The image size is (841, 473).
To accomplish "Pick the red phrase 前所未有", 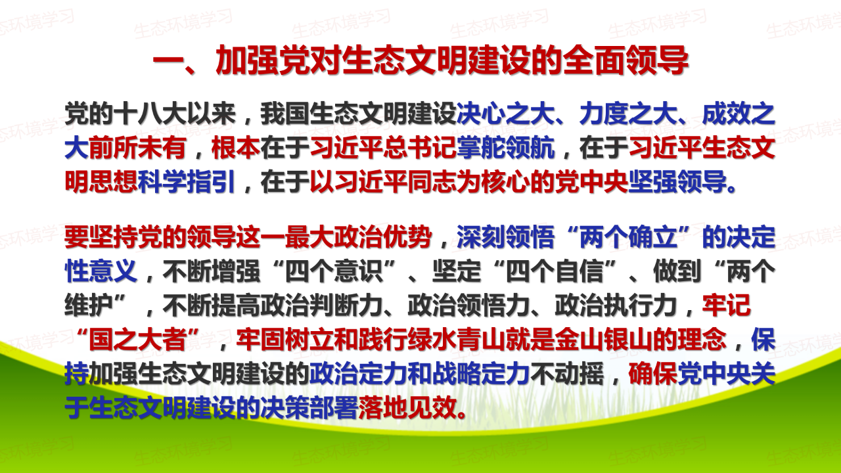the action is click(x=137, y=148).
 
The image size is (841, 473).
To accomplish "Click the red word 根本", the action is click(x=236, y=148).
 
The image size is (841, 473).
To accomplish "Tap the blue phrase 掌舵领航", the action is click(x=505, y=148).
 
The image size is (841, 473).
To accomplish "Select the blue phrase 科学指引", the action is click(x=187, y=182).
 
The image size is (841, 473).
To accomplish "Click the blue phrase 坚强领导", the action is click(x=677, y=182).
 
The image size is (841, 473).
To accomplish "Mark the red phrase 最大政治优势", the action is click(x=358, y=237).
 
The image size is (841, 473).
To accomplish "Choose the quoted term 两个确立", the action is click(x=627, y=237).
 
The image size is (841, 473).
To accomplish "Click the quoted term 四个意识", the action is click(x=333, y=271).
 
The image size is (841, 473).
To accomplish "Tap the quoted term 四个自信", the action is click(x=554, y=271).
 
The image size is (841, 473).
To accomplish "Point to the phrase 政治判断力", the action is click(x=321, y=305).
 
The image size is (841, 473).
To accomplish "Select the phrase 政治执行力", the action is click(x=616, y=305).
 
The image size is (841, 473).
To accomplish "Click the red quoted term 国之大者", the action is click(x=137, y=340).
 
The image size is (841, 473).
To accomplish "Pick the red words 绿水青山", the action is click(x=456, y=340).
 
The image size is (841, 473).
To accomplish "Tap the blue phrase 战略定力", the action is click(x=481, y=374).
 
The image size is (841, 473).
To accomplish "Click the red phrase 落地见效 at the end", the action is click(x=407, y=407).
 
